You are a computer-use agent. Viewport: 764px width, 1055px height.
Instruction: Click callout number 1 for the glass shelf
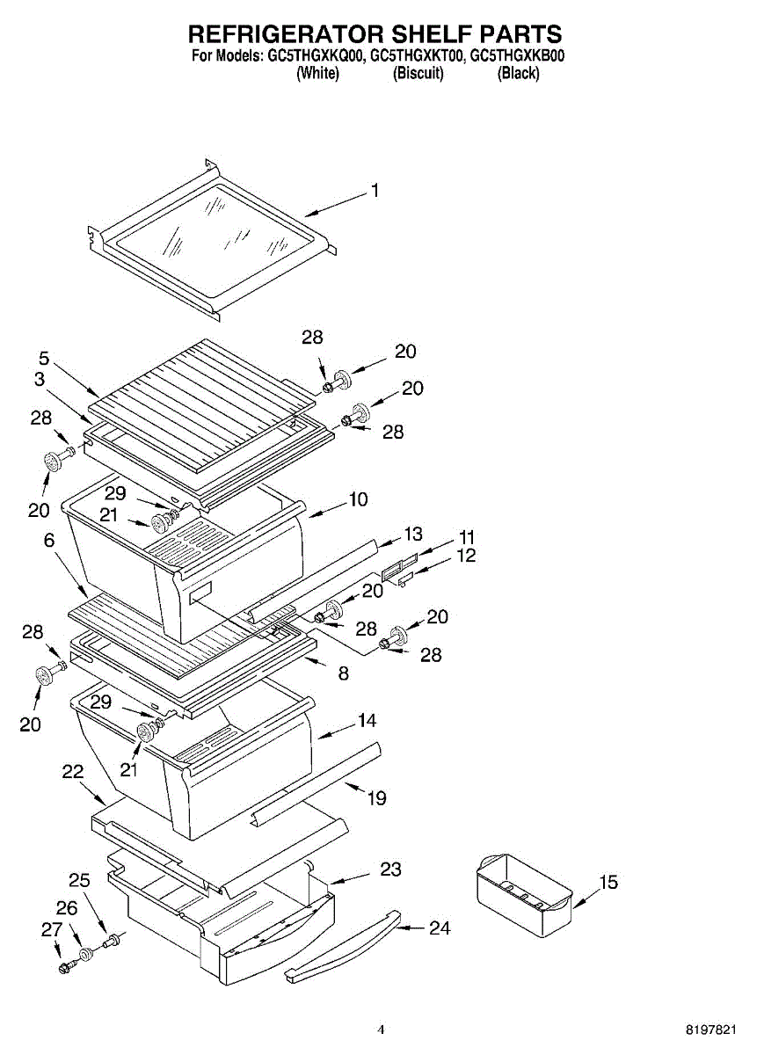[375, 191]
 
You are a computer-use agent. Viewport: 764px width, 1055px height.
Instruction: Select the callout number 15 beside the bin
[608, 882]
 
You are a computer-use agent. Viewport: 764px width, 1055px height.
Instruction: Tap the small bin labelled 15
[523, 896]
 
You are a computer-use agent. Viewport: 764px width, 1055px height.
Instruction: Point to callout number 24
[440, 927]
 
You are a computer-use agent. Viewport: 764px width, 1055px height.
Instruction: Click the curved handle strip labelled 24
[343, 946]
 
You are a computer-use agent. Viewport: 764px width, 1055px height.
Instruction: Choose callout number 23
[390, 869]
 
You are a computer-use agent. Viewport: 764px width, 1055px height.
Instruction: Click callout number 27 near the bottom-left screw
[52, 930]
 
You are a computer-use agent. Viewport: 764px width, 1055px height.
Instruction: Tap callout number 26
[67, 907]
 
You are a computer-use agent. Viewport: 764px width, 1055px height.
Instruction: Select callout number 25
[79, 880]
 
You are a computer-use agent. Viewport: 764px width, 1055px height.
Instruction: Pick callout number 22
[72, 771]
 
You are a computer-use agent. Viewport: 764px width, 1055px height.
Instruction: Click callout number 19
[376, 798]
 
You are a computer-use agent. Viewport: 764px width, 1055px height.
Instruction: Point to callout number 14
[367, 721]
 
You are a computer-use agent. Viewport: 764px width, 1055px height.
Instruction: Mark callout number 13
[413, 534]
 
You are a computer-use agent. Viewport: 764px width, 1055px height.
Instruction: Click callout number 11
[466, 536]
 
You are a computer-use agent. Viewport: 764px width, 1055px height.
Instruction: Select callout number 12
[466, 556]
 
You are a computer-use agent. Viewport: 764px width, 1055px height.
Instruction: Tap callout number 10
[358, 499]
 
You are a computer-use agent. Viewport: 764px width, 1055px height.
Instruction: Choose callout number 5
[43, 359]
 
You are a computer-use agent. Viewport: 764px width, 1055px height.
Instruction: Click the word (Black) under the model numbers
[518, 74]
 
